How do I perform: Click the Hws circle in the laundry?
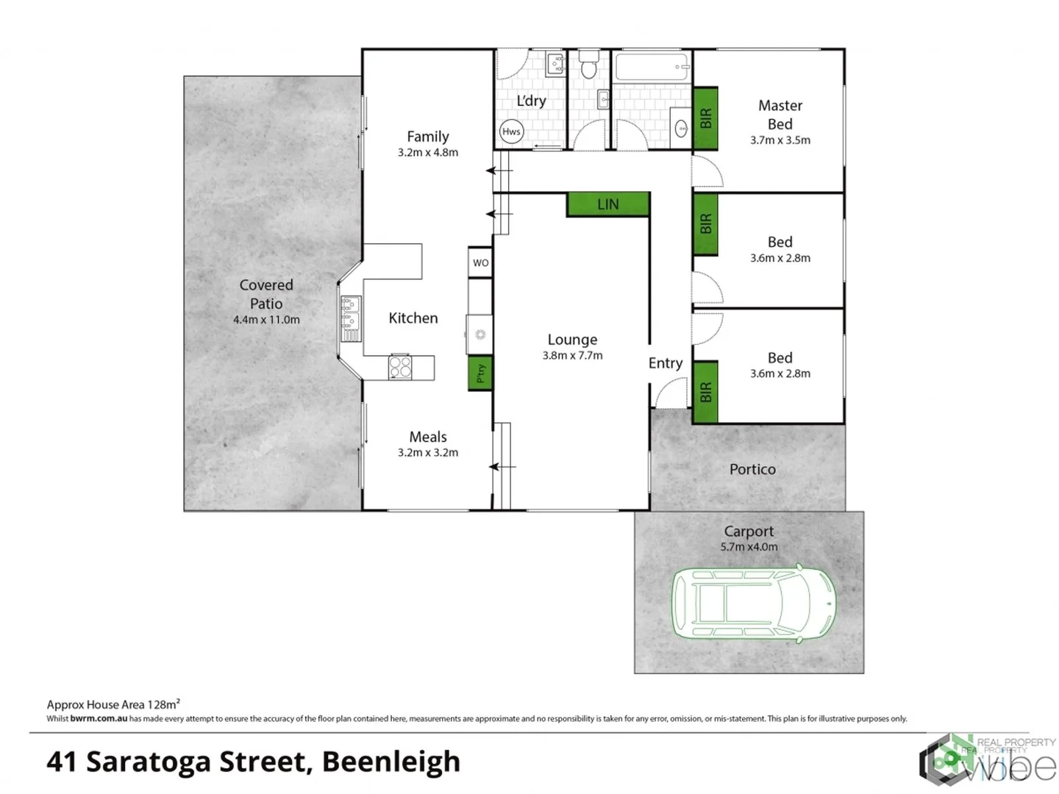coord(511,132)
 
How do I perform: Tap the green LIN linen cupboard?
coord(608,204)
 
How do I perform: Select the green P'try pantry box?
coord(480,373)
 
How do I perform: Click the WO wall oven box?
coord(480,262)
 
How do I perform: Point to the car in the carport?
coord(753,604)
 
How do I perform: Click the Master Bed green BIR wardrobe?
coord(706,118)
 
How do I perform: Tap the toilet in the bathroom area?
coord(588,66)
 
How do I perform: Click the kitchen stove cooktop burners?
coord(400,367)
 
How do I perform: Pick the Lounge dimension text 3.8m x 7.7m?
coord(572,356)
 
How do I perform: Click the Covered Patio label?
coord(266,294)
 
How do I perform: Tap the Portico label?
coord(752,469)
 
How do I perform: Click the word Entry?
coord(666,363)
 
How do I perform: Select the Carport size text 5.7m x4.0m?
coord(749,547)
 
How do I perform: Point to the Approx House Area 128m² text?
coord(113,704)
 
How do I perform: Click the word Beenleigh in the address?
coord(391,762)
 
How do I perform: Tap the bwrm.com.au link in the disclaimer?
coord(99,719)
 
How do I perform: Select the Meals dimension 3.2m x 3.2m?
coord(428,453)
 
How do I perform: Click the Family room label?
coord(428,137)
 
